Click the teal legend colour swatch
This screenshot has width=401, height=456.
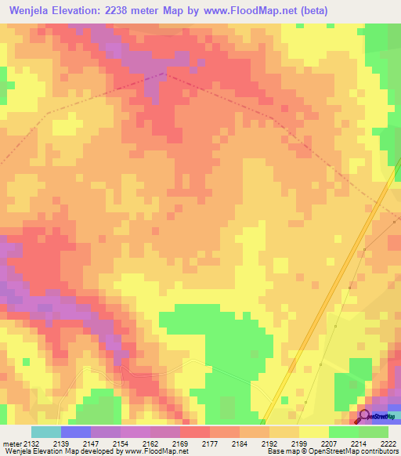(x=46, y=432)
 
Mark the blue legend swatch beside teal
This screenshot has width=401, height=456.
(x=76, y=432)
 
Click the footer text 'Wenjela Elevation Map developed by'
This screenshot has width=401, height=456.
(x=62, y=452)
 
